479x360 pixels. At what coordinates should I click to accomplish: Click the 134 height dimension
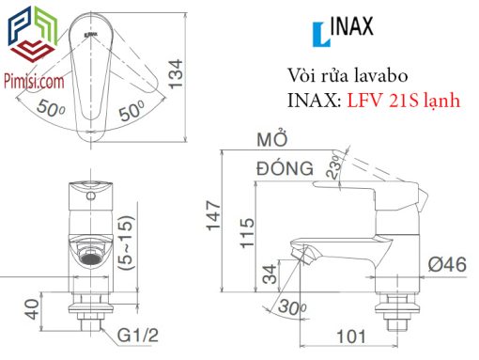click(176, 74)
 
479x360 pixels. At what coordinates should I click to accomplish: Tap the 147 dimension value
click(213, 215)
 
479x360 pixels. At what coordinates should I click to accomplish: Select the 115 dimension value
click(247, 233)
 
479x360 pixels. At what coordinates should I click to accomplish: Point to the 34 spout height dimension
click(270, 274)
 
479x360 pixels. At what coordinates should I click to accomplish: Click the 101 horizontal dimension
click(351, 337)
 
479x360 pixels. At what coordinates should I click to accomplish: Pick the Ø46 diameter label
click(447, 265)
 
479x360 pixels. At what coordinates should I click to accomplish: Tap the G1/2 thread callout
click(138, 335)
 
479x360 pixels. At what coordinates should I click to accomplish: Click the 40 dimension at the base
click(32, 309)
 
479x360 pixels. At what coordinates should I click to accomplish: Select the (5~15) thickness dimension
click(127, 243)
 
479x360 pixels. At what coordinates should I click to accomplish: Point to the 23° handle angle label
click(333, 167)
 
